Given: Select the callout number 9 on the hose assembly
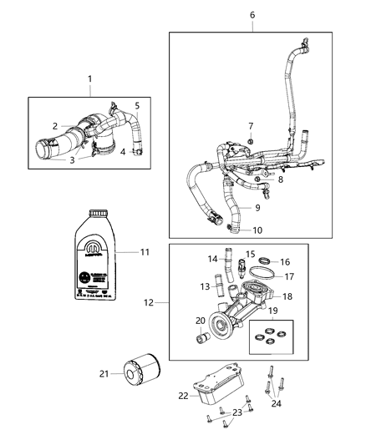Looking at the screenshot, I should pyautogui.click(x=257, y=207).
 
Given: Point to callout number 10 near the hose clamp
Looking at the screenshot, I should pyautogui.click(x=257, y=229).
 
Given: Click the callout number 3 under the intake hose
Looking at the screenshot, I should pyautogui.click(x=72, y=159).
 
